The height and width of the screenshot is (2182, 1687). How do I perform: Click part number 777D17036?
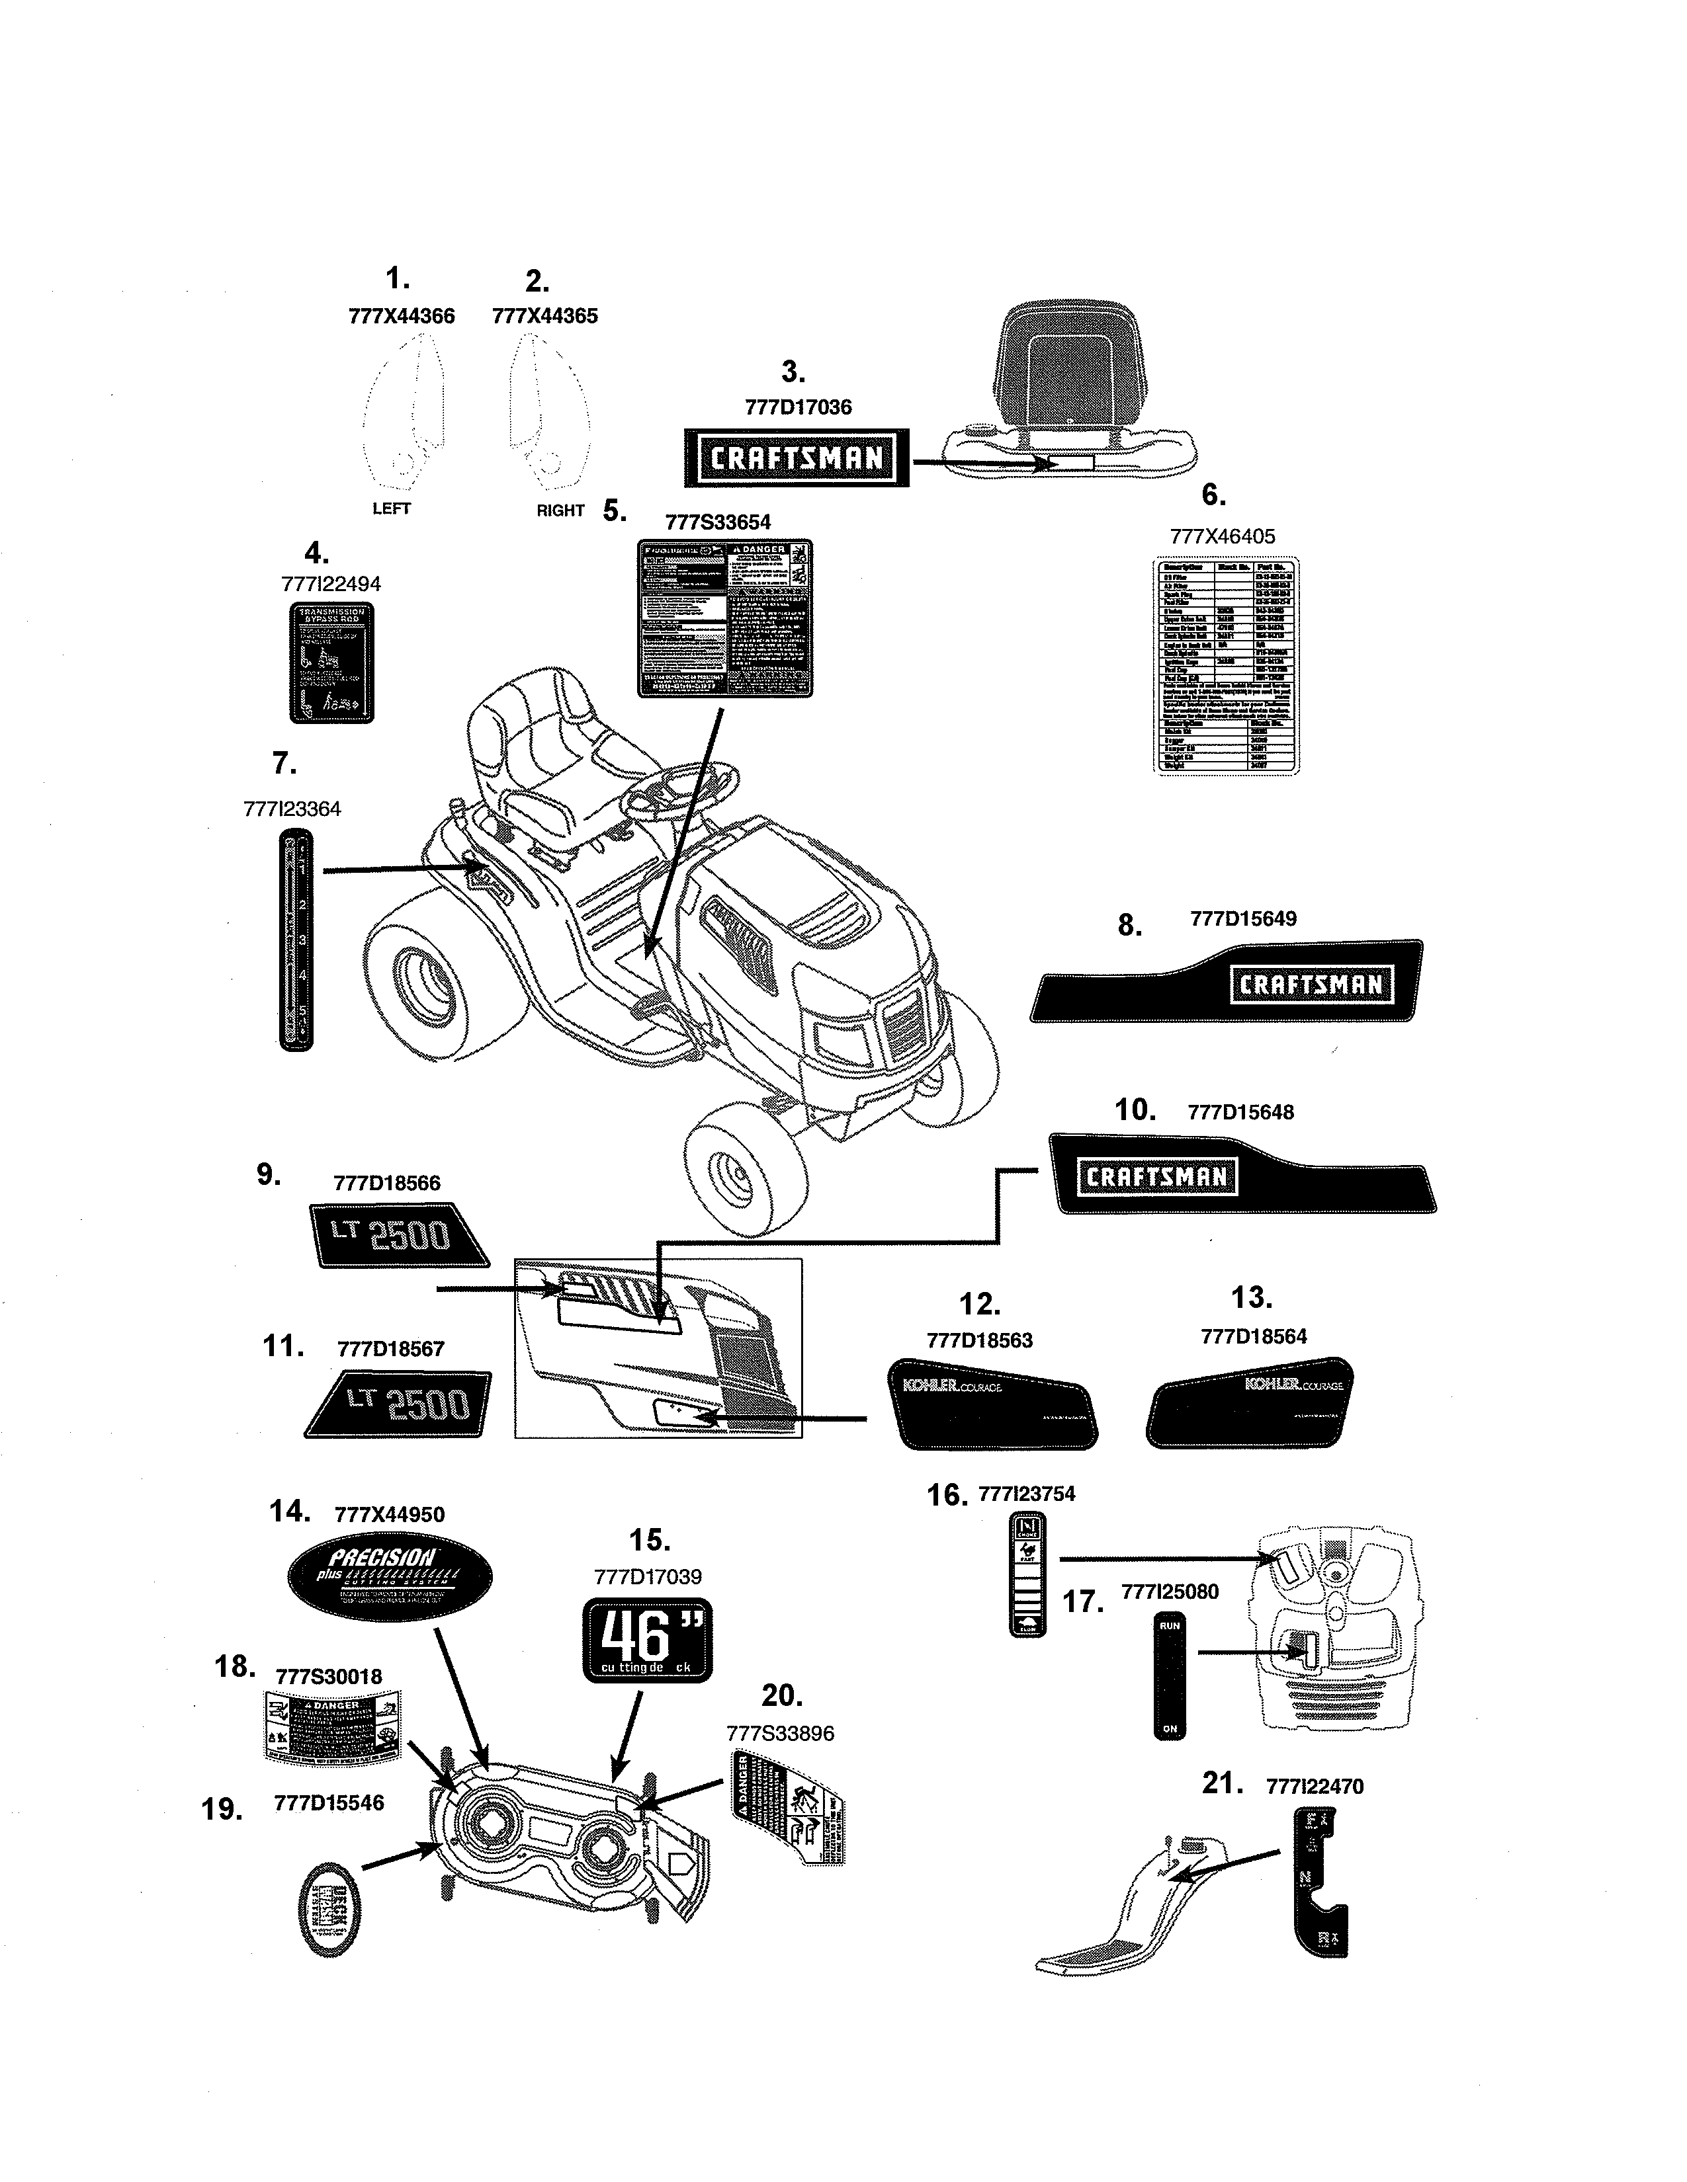tap(798, 407)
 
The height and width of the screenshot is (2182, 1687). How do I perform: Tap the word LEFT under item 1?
tap(391, 508)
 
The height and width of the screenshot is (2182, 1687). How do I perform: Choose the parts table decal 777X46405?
tap(1225, 665)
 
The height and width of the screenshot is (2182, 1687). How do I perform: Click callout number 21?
tap(1221, 1783)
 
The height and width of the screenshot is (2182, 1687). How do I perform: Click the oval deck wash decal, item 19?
tap(331, 1910)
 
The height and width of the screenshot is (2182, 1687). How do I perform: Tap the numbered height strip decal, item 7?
tap(295, 940)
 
